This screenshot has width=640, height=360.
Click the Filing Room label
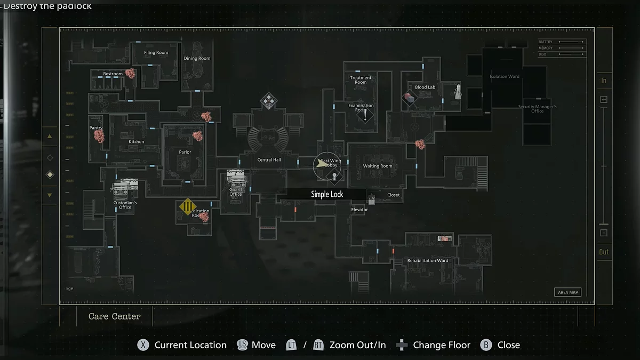coord(156,53)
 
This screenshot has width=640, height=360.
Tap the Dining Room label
coord(197,59)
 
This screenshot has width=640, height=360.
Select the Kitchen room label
coord(137,142)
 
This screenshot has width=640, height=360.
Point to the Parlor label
coord(185,153)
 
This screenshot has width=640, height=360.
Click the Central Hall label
coord(269,160)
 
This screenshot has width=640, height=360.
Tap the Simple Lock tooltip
coord(327,195)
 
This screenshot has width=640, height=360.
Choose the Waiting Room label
coord(378,166)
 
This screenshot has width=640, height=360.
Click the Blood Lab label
coord(425,87)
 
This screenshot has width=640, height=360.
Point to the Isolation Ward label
coord(504,77)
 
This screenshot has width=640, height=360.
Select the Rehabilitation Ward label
coord(428,261)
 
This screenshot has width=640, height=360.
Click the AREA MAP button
coord(567,292)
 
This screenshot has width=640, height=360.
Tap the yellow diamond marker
coord(188,206)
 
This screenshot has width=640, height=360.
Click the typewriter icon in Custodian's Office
coord(125,186)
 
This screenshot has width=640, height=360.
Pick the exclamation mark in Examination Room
coord(365,115)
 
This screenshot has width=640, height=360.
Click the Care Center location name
coord(115,317)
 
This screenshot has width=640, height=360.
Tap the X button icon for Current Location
coord(143,345)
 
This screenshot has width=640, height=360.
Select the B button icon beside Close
coord(486,345)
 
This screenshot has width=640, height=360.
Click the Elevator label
coord(359,210)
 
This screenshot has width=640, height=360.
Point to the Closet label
coord(394,195)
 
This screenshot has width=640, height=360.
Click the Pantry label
coord(96,128)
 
